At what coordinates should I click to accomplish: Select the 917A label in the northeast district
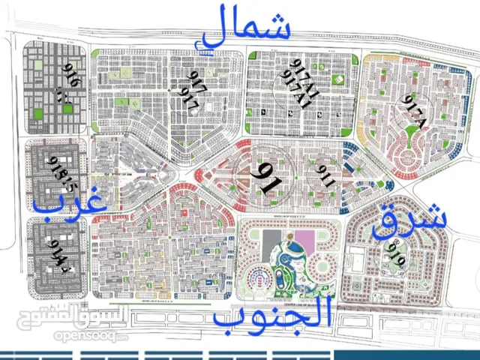410,109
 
